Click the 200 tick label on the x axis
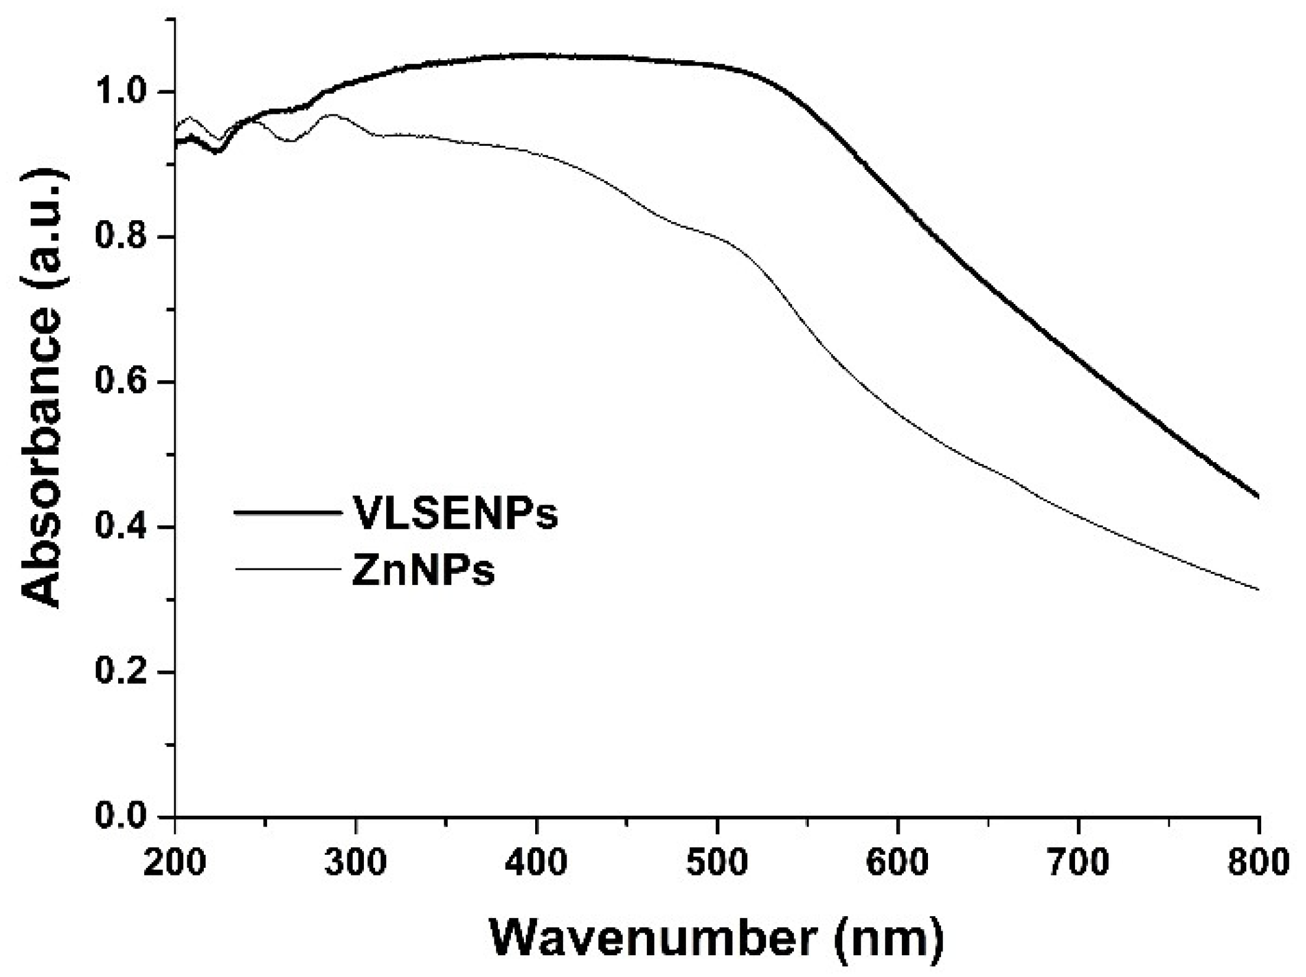click(x=175, y=863)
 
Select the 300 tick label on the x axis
click(x=356, y=863)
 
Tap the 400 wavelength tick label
click(x=536, y=863)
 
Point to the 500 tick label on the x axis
click(x=717, y=863)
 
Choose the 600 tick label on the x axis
click(x=898, y=863)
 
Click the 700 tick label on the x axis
click(x=1079, y=863)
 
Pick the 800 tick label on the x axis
click(x=1258, y=863)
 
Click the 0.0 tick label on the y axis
click(x=122, y=816)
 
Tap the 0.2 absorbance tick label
click(x=122, y=672)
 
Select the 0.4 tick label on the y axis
click(x=122, y=527)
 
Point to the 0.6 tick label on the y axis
click(x=122, y=382)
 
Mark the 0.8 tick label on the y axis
click(x=122, y=237)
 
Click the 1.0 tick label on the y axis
click(x=122, y=92)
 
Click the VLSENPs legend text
click(x=455, y=513)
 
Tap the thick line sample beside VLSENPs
click(x=288, y=512)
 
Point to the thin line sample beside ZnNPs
click(x=288, y=569)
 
